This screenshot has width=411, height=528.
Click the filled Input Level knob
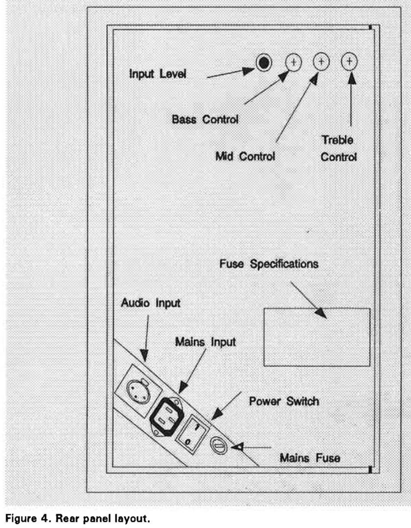pyautogui.click(x=264, y=62)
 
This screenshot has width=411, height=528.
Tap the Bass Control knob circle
pyautogui.click(x=294, y=62)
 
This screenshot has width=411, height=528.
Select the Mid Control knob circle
pyautogui.click(x=321, y=62)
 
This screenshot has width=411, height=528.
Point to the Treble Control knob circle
pyautogui.click(x=349, y=61)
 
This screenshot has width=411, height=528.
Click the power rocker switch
pyautogui.click(x=192, y=434)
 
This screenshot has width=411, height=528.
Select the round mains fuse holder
pyautogui.click(x=219, y=446)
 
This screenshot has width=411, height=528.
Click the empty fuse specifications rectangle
pyautogui.click(x=317, y=337)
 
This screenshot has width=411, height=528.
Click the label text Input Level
pyautogui.click(x=158, y=74)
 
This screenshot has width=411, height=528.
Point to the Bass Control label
pyautogui.click(x=205, y=119)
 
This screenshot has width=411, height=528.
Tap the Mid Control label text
pyautogui.click(x=245, y=156)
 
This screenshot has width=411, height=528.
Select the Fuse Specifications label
pyautogui.click(x=269, y=264)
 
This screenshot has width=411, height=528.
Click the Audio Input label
pyautogui.click(x=151, y=303)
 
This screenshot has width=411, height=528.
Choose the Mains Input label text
pyautogui.click(x=205, y=342)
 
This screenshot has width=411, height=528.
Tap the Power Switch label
pyautogui.click(x=284, y=401)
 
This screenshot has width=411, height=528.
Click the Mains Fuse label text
pyautogui.click(x=310, y=458)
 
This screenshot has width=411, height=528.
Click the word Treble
pyautogui.click(x=337, y=140)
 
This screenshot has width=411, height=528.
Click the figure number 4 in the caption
pyautogui.click(x=45, y=518)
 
